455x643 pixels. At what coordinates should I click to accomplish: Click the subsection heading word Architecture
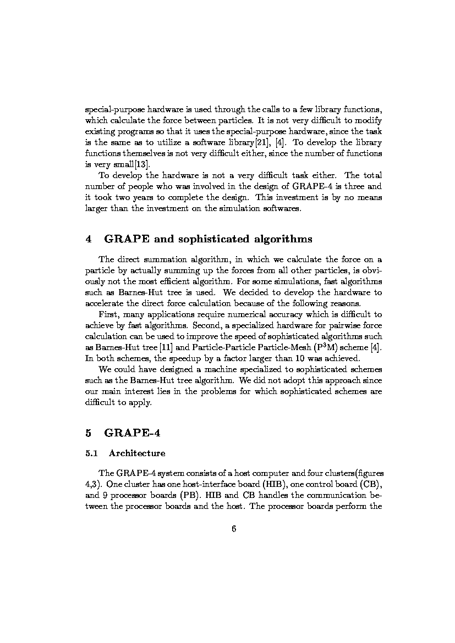137,453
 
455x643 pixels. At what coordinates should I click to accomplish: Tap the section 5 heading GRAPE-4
132,433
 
